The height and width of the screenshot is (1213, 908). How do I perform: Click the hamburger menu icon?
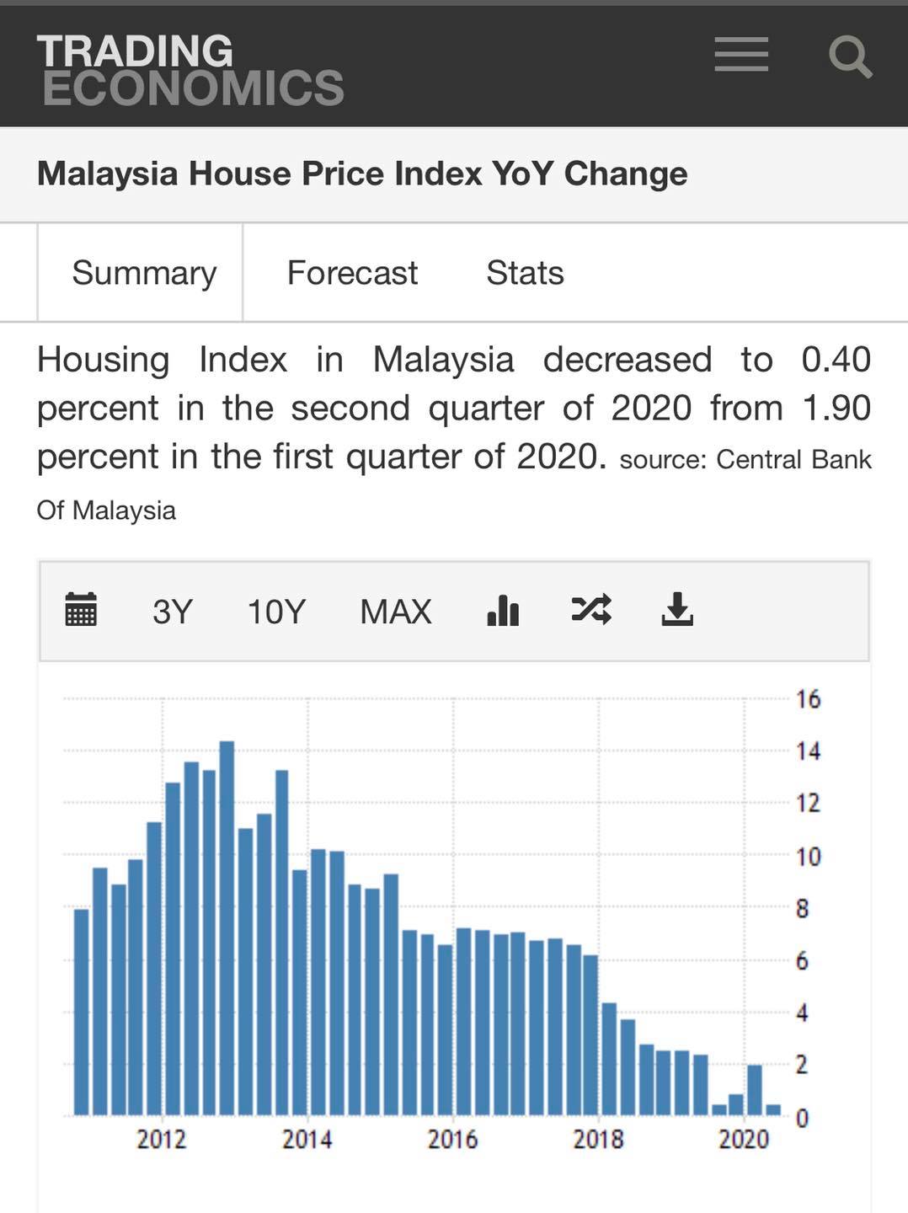click(741, 54)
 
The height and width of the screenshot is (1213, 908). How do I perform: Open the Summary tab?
click(144, 273)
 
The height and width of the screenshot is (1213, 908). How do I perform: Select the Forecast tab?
click(352, 272)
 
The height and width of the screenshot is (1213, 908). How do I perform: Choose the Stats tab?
click(525, 272)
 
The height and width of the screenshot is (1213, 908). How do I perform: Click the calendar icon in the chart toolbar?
click(81, 609)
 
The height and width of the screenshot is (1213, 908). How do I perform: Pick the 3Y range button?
click(173, 612)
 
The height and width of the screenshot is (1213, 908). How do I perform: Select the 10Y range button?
click(276, 612)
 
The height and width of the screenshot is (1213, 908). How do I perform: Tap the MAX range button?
click(395, 612)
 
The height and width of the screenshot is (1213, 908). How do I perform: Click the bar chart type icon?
click(503, 610)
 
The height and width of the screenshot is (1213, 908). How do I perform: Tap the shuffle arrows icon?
click(591, 610)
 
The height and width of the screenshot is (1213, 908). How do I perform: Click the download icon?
click(677, 609)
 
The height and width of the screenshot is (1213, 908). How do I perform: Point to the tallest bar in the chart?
click(227, 927)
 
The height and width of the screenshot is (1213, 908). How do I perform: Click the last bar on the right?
click(774, 1109)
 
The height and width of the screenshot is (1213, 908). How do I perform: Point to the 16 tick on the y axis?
click(808, 700)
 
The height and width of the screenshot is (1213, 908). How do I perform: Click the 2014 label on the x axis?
click(307, 1139)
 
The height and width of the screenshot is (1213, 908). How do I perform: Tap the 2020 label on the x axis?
click(744, 1139)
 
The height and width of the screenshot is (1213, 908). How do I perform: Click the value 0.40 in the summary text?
click(836, 360)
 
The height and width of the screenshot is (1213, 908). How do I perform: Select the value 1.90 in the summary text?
click(837, 408)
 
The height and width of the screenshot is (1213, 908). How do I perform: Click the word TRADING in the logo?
click(135, 51)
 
